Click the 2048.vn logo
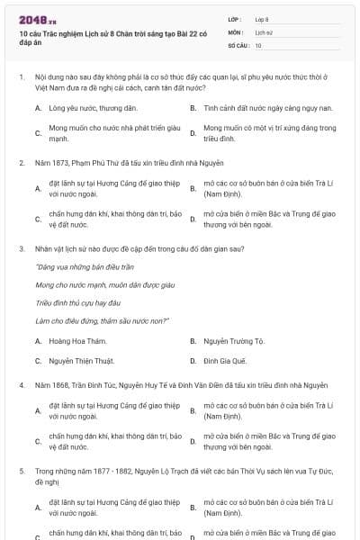(37, 18)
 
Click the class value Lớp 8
(262, 18)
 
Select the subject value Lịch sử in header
(264, 31)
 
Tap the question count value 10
(258, 44)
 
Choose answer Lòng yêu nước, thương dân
(93, 108)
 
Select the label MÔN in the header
(235, 31)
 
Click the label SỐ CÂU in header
(238, 44)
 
